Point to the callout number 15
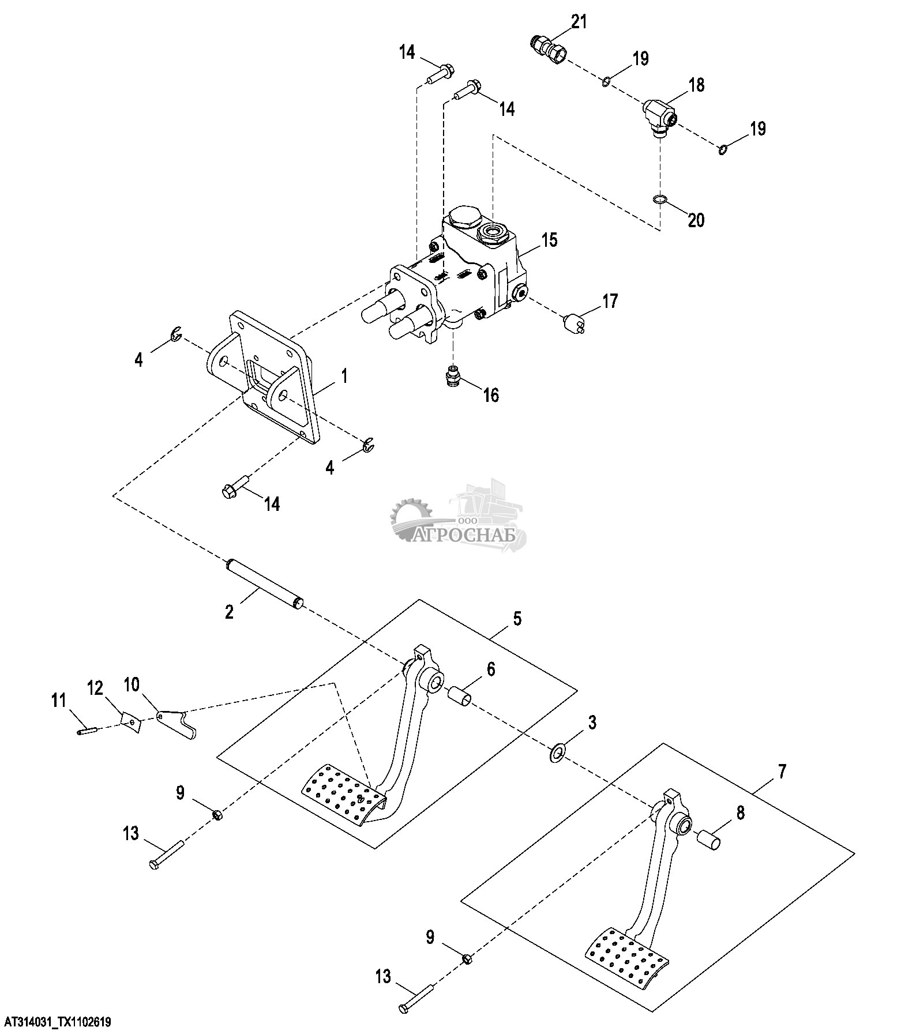pos(550,239)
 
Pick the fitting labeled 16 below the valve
pos(453,377)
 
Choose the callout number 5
pos(517,619)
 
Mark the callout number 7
pos(782,772)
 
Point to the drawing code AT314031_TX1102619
pos(55,1022)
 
